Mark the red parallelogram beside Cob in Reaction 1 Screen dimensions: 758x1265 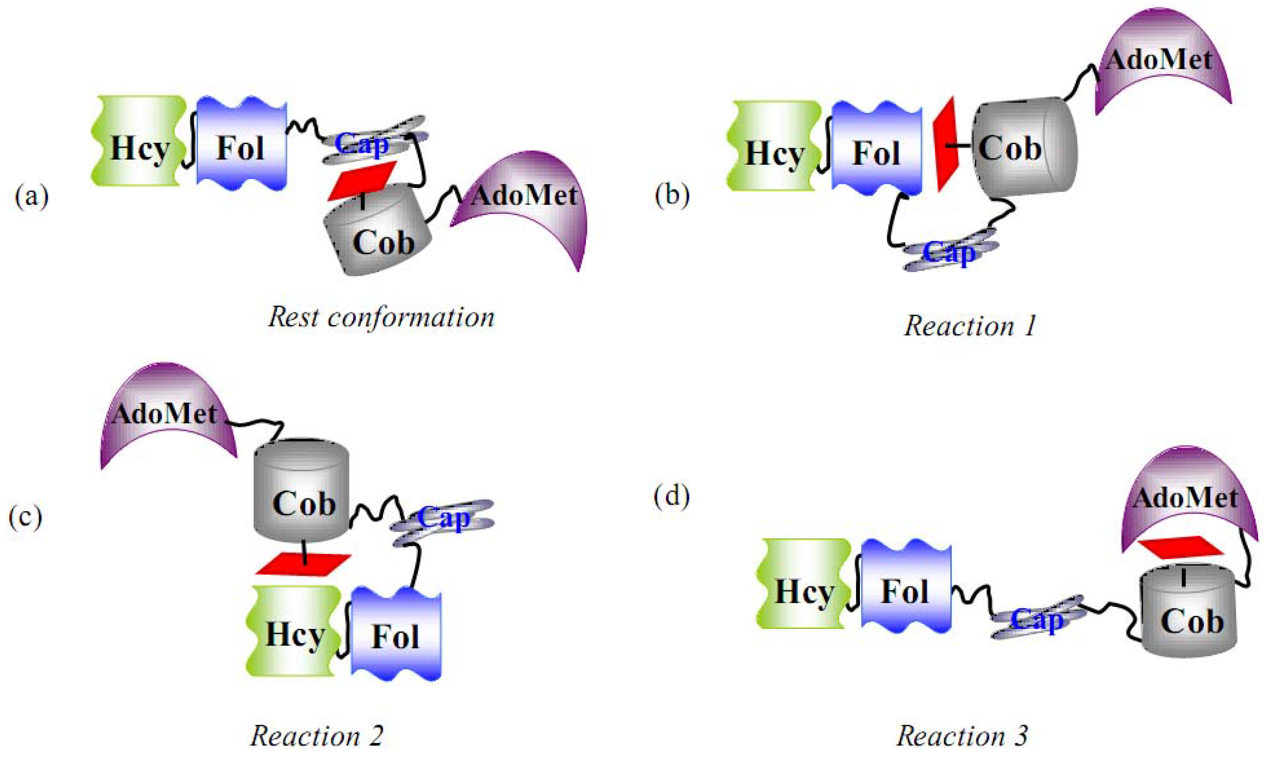click(945, 145)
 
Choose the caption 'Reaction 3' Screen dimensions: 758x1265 click(962, 735)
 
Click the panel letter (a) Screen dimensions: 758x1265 click(32, 196)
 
